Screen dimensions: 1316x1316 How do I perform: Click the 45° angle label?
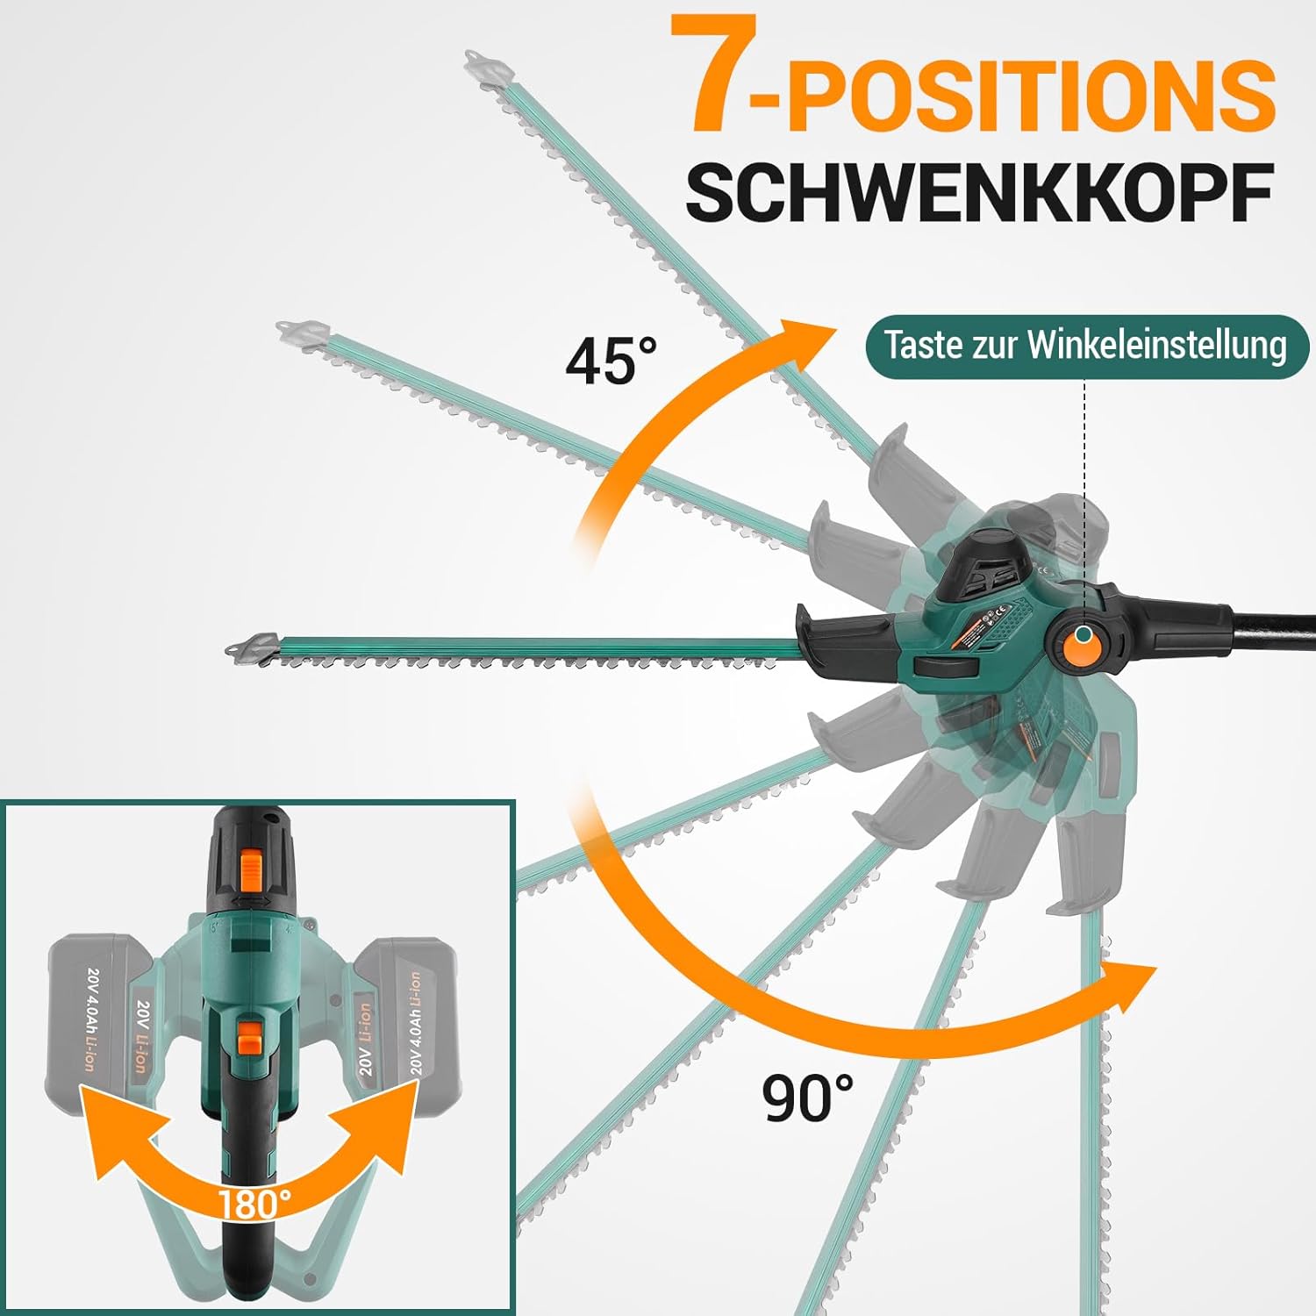pyautogui.click(x=611, y=361)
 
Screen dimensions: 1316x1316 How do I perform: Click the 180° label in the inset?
pyautogui.click(x=254, y=1203)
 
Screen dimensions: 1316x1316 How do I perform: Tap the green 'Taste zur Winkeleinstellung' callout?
pyautogui.click(x=1086, y=346)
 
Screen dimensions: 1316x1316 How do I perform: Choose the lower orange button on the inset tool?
pyautogui.click(x=251, y=1036)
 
